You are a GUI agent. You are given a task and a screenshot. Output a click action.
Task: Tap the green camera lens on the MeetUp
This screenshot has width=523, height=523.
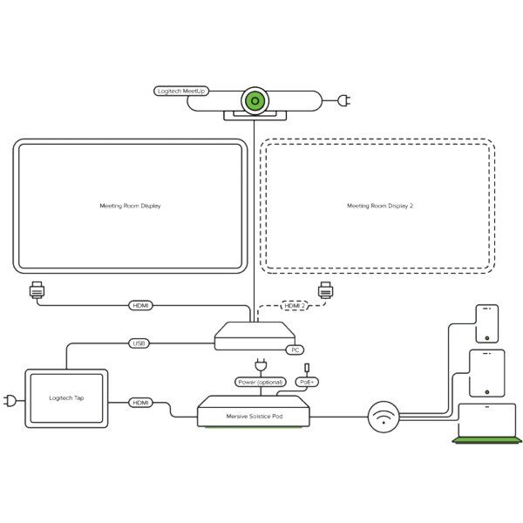255,100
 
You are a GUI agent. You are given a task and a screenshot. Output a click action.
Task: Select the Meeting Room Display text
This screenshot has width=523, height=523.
130,206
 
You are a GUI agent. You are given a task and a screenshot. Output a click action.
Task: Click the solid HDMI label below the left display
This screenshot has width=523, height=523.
140,305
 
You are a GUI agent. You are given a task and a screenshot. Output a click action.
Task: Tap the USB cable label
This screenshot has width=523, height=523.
139,343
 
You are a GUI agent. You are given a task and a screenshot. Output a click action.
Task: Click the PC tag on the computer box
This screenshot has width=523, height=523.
295,350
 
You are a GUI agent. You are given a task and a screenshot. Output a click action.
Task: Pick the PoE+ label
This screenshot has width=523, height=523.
308,382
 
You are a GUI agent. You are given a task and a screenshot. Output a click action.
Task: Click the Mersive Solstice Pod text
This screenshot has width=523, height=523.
254,416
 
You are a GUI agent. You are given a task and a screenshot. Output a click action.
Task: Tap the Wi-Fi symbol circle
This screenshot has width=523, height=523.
384,417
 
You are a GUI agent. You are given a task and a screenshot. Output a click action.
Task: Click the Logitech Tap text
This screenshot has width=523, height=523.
66,398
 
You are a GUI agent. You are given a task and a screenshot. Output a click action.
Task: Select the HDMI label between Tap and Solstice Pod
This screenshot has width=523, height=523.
140,403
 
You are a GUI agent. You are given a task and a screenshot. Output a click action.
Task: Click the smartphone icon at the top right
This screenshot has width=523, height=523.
486,323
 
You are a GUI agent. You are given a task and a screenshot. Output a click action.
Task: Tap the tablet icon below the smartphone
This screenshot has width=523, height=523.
486,372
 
